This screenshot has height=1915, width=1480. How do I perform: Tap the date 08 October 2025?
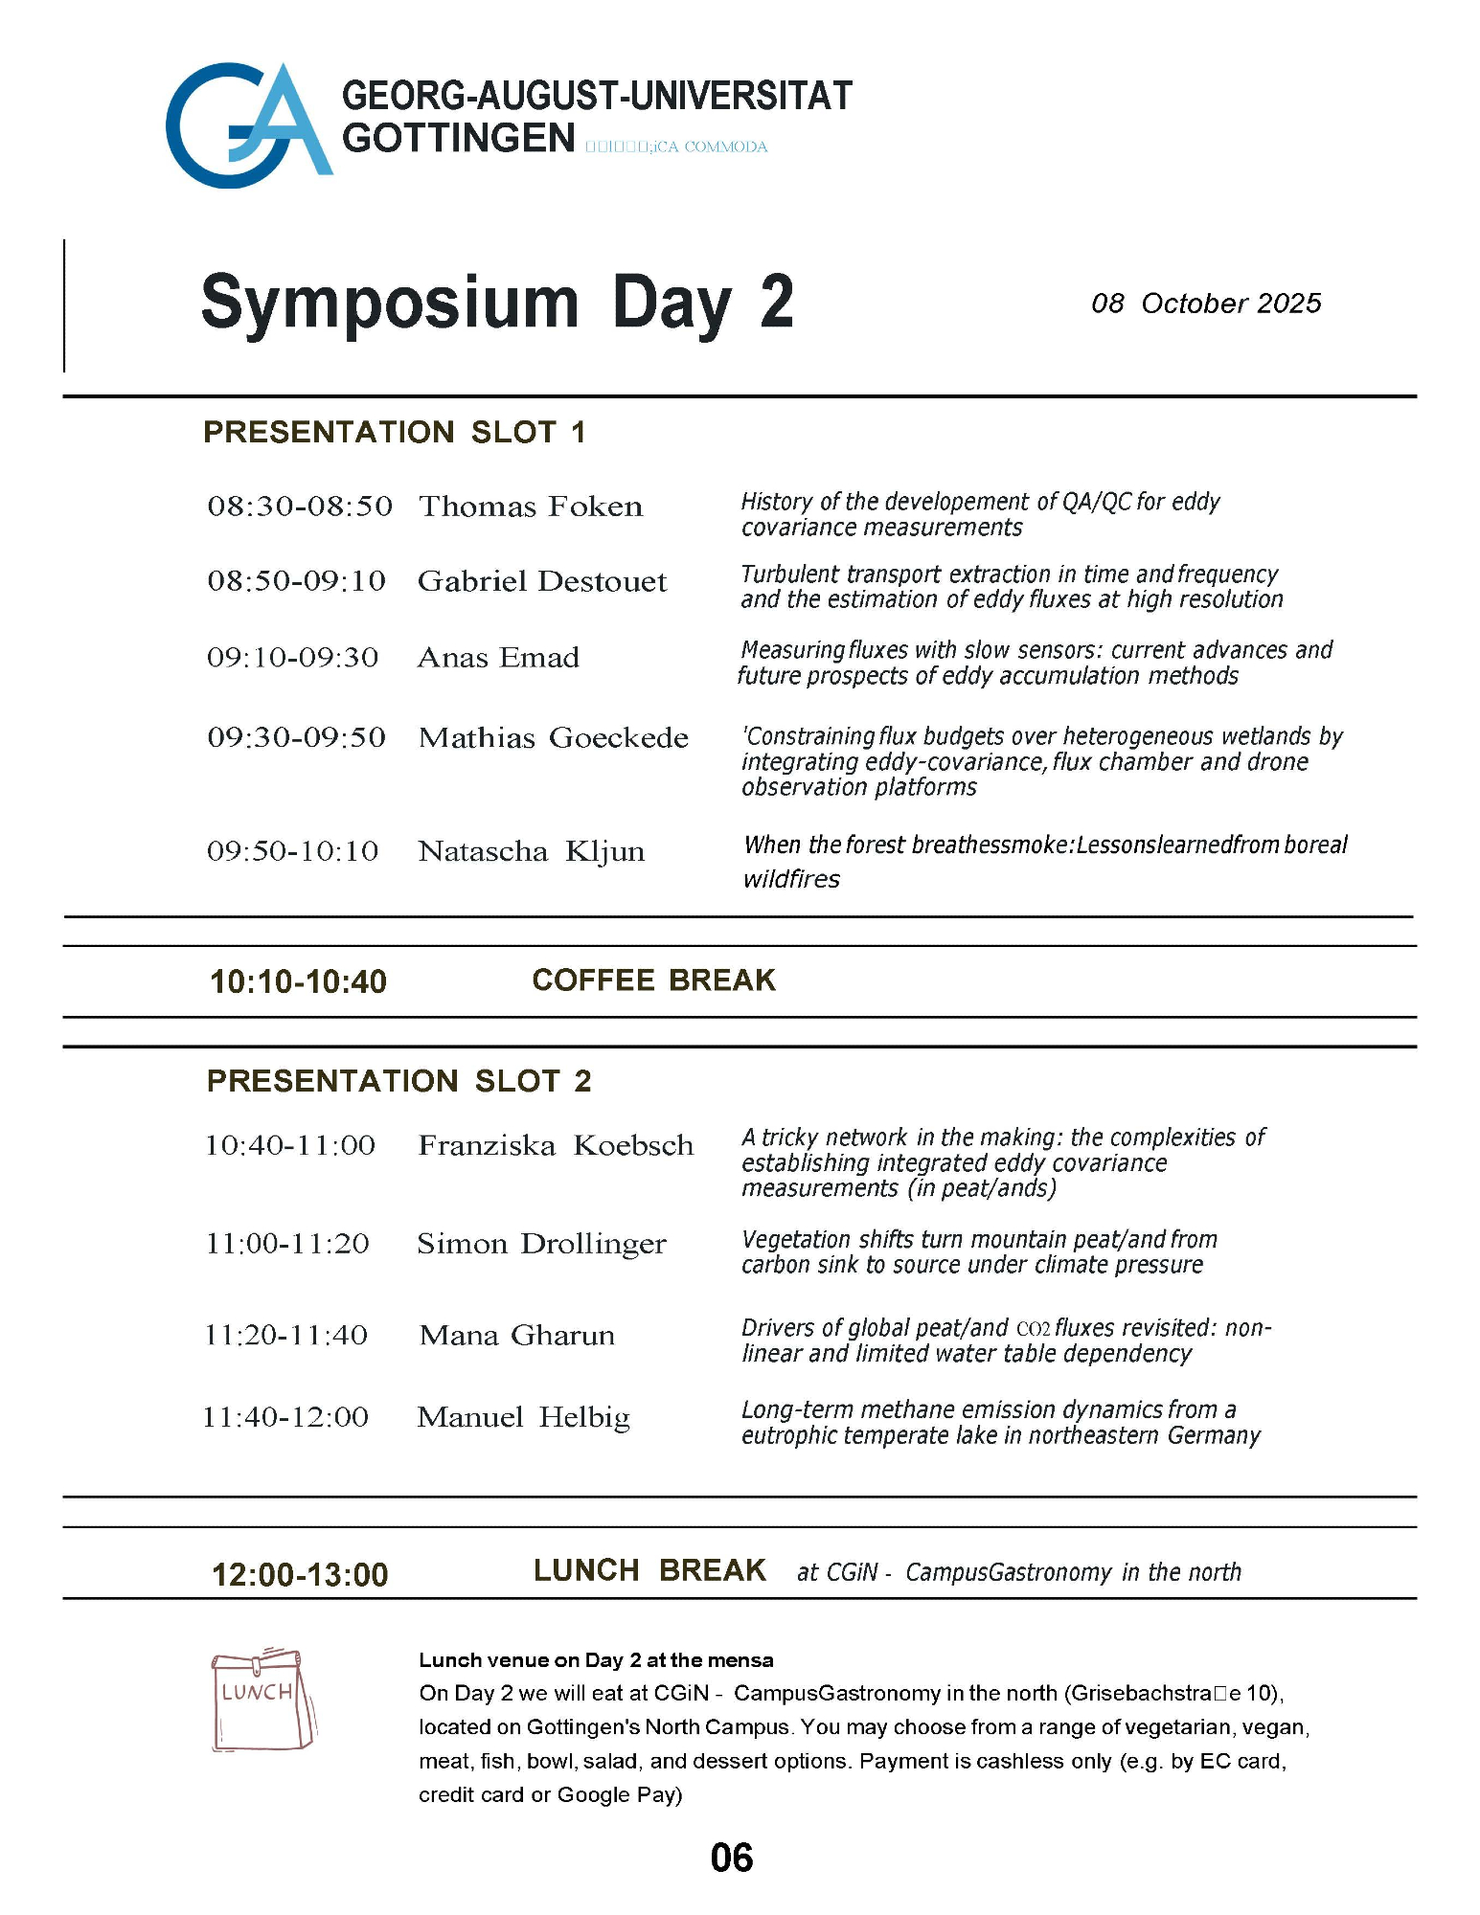1206,304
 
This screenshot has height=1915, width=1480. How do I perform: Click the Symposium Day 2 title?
497,303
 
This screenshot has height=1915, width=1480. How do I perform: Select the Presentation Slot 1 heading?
394,432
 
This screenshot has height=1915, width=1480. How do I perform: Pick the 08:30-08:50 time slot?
300,506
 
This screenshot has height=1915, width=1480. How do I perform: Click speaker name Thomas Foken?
531,506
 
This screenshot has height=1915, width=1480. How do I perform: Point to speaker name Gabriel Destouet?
542,581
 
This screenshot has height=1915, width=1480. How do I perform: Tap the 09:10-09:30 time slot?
293,658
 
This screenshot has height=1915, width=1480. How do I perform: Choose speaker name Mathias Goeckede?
554,737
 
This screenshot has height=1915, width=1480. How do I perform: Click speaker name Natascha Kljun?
532,851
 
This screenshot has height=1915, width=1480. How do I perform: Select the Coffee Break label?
654,980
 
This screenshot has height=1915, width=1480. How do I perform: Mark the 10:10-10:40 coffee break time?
299,981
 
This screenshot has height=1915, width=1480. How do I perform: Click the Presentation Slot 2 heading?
399,1081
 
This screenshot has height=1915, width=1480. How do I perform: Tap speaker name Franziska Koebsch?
556,1145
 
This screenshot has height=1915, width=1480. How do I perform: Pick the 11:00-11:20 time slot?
287,1244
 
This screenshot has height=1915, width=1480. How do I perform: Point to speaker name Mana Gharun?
517,1335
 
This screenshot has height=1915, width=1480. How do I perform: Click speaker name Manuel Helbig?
524,1417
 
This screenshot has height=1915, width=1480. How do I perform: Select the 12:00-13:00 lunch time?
300,1574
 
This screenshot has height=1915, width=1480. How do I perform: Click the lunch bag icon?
262,1700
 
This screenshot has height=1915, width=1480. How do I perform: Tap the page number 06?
732,1858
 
